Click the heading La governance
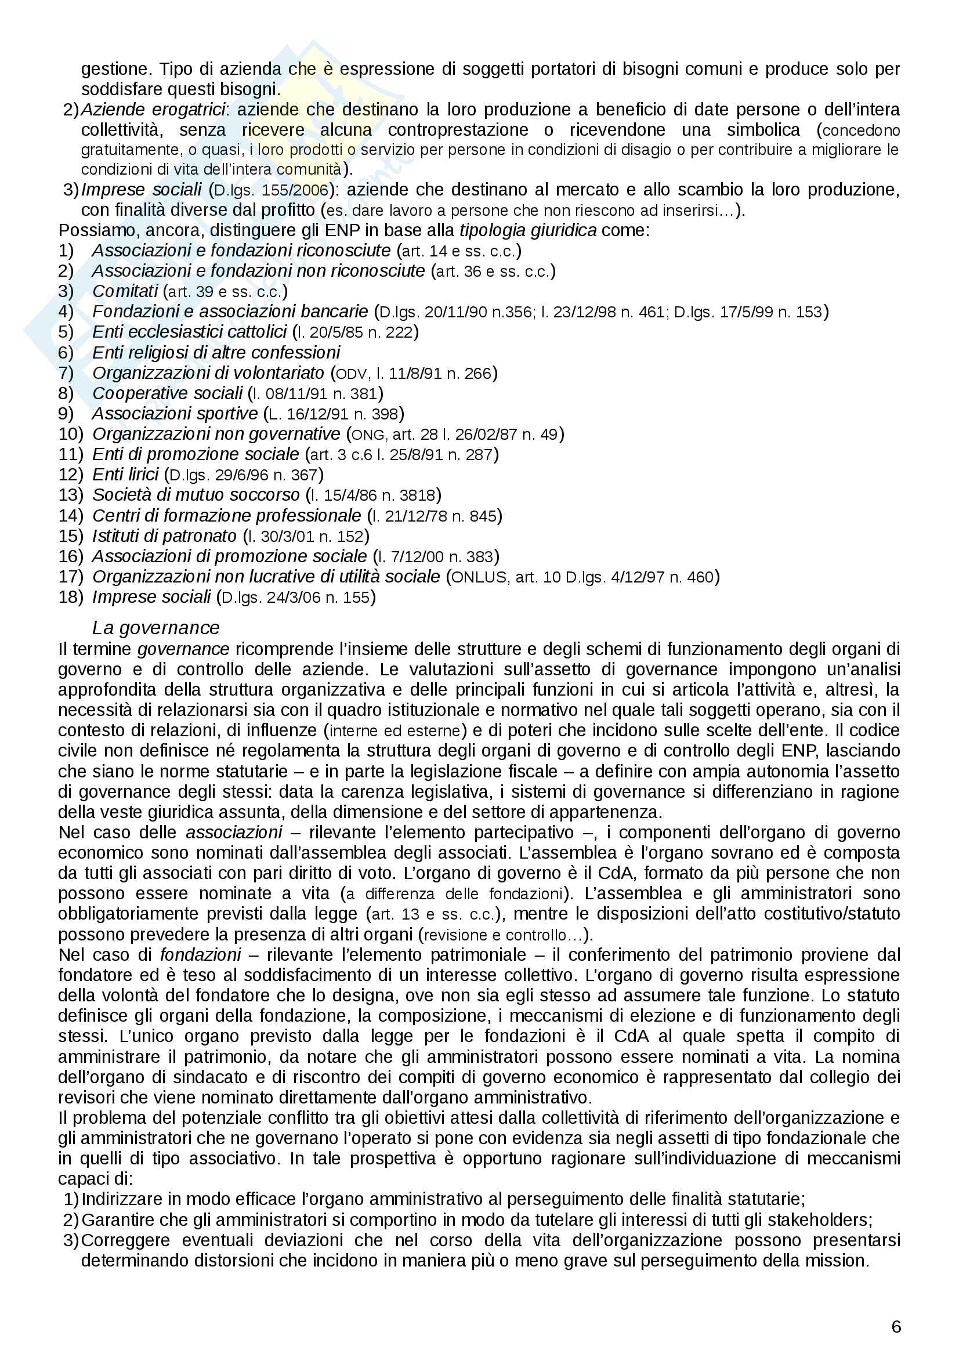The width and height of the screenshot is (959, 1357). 156,627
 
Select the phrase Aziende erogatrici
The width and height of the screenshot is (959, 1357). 153,109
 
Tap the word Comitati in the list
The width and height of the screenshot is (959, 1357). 125,291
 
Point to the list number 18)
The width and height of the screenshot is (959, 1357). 71,597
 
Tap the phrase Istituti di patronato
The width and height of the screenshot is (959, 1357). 164,536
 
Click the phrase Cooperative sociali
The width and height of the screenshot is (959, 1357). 167,393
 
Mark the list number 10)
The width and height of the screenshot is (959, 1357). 71,434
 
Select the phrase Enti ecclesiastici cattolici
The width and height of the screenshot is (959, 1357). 189,332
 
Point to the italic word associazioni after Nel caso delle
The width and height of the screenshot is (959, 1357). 234,833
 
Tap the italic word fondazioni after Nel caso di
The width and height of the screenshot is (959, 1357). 200,955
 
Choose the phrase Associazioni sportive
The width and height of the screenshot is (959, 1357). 175,413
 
